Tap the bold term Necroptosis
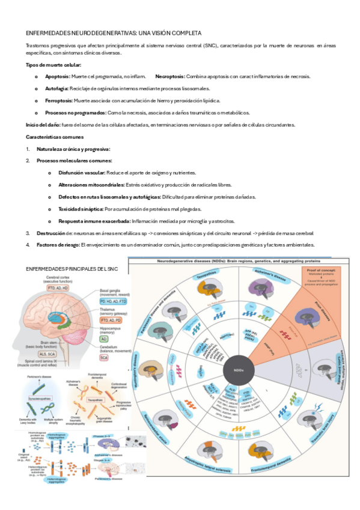[x=170, y=76]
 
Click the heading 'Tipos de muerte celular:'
[x=53, y=64]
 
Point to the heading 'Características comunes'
[x=50, y=137]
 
